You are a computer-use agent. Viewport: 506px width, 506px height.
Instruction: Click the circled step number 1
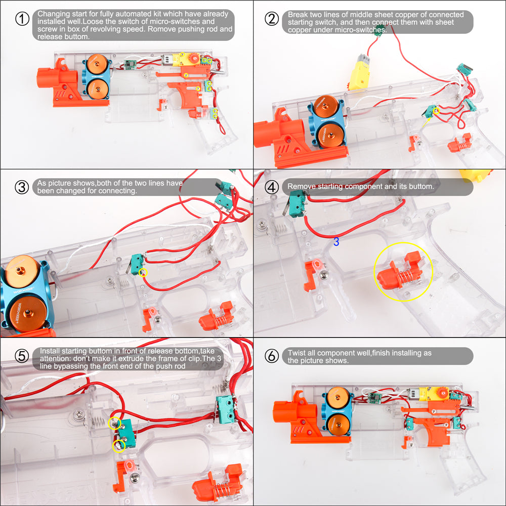click(x=22, y=19)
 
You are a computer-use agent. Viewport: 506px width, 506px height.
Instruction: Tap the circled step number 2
click(x=272, y=19)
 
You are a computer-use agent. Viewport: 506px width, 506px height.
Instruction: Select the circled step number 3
click(x=22, y=187)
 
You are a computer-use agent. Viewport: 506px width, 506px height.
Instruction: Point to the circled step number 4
click(x=272, y=187)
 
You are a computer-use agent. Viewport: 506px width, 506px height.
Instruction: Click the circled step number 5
click(x=22, y=356)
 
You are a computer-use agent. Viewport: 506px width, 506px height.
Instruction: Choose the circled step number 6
click(x=272, y=356)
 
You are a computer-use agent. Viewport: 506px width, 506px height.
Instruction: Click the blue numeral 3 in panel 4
click(x=336, y=242)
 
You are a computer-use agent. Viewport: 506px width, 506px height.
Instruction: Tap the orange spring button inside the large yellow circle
click(x=400, y=271)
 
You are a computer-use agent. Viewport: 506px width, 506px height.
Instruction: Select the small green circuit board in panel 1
click(x=131, y=64)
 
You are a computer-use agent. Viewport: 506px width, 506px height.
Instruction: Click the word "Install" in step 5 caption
click(x=50, y=351)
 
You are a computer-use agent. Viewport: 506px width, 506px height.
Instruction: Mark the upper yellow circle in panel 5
click(x=114, y=423)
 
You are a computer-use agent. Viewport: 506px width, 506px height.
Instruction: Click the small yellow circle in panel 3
click(x=143, y=273)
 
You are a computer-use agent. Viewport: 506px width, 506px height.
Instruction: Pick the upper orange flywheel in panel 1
click(x=97, y=64)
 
